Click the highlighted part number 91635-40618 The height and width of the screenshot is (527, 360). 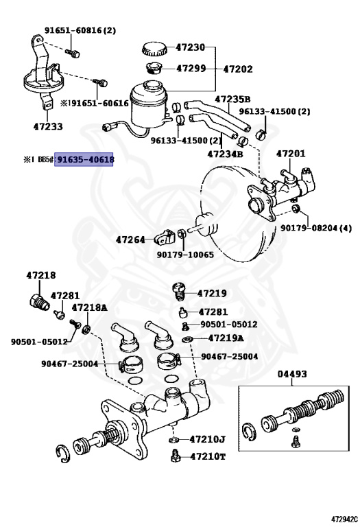click(x=85, y=160)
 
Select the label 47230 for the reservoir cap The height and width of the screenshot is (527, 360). click(x=190, y=47)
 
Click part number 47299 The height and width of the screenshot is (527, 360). click(x=191, y=69)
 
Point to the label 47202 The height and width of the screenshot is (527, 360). click(x=238, y=69)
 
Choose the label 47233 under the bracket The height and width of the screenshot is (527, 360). click(x=48, y=126)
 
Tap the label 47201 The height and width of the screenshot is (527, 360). click(x=291, y=153)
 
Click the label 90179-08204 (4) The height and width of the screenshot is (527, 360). click(x=316, y=228)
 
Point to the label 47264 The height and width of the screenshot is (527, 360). click(x=130, y=239)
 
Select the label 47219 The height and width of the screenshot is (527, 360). click(x=211, y=293)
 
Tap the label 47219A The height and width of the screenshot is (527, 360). click(x=226, y=338)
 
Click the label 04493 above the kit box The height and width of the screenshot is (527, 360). click(x=292, y=374)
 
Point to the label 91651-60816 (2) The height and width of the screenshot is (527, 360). click(x=80, y=30)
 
